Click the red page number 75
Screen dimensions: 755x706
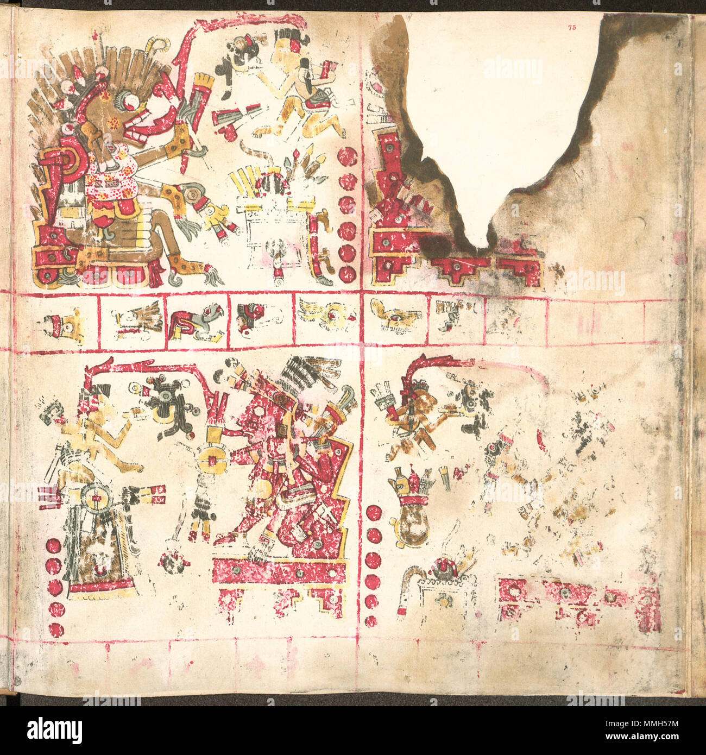571,27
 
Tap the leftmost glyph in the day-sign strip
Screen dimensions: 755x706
62,325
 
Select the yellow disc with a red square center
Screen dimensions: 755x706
214,460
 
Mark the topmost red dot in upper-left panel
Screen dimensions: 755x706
346,157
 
